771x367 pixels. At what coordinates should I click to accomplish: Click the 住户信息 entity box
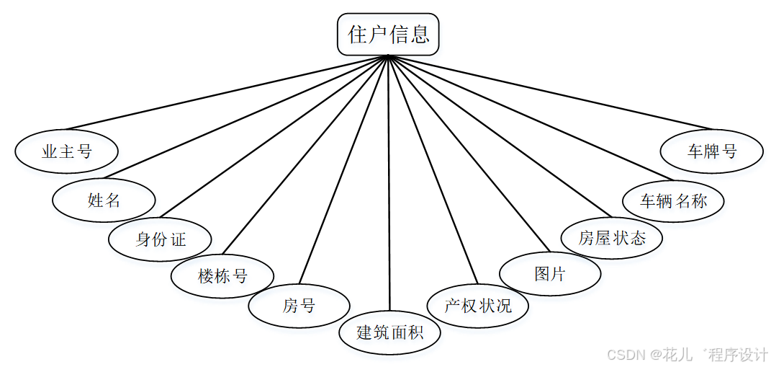pos(388,35)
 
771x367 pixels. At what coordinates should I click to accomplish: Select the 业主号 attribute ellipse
pos(67,151)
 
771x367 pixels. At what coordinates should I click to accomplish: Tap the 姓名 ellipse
pos(104,200)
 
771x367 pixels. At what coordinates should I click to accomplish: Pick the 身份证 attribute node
pos(160,239)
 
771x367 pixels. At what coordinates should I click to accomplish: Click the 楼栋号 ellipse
pos(222,275)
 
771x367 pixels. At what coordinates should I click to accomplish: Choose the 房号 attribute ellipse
pos(299,306)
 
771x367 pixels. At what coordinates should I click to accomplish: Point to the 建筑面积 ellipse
pos(389,332)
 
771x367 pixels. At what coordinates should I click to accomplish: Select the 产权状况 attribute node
pos(477,305)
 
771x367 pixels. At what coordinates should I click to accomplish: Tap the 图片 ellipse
pos(550,274)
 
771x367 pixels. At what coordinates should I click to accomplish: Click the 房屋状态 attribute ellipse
pos(612,238)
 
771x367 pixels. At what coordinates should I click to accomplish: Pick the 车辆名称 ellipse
pos(673,200)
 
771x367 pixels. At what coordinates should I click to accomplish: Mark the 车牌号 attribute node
pos(712,151)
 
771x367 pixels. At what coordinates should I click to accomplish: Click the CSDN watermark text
pos(687,355)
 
